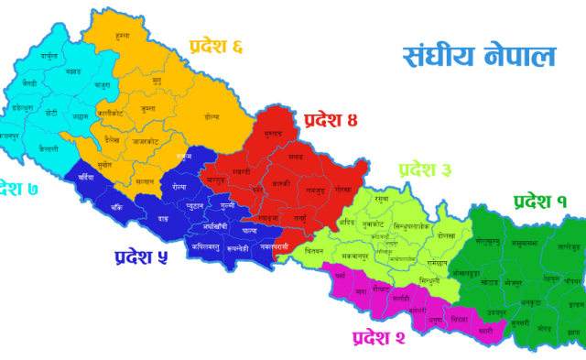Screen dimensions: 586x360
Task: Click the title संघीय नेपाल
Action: [479, 56]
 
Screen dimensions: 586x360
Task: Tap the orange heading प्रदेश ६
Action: [217, 47]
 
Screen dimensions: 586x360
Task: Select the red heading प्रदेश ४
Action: [331, 120]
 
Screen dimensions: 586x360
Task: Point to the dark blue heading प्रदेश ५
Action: [141, 257]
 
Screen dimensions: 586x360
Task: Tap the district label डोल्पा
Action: [212, 116]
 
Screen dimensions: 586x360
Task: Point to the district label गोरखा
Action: [343, 188]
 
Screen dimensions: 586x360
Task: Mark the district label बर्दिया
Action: [86, 177]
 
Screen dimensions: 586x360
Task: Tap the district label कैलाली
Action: [49, 148]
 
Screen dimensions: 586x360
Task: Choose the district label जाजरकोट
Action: [146, 142]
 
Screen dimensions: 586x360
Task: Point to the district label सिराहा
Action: [460, 320]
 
